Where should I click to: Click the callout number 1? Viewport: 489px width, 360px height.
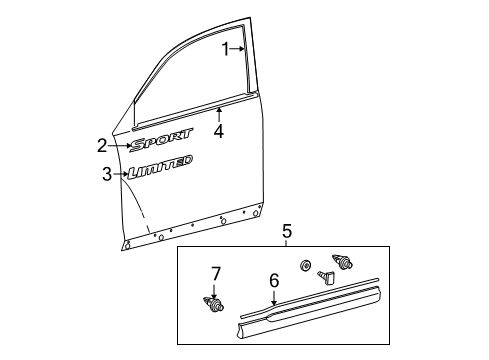tap(226, 48)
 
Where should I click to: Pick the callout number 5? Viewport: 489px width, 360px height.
tap(286, 230)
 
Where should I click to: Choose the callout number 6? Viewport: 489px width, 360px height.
tap(274, 281)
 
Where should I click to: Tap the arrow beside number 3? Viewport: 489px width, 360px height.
tap(122, 175)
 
